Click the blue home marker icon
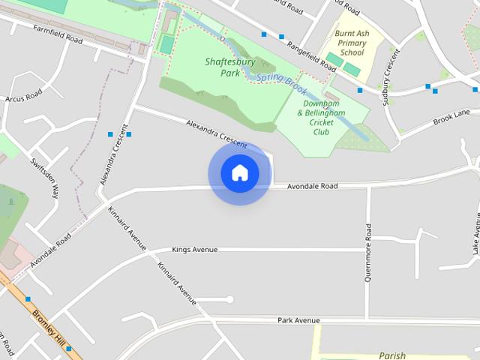[239, 173]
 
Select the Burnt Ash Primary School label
[351, 43]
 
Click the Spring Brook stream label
[282, 83]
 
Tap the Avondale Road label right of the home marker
[313, 185]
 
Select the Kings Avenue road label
[194, 249]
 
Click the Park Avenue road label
[298, 320]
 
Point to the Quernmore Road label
[368, 252]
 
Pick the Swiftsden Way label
[44, 178]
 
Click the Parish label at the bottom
[392, 355]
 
